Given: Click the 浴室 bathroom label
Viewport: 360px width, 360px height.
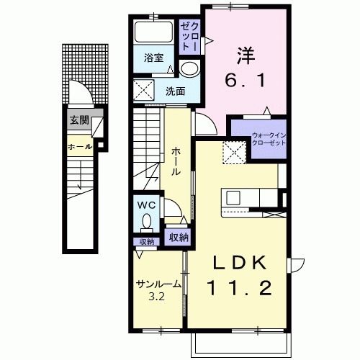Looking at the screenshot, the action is coord(154,58).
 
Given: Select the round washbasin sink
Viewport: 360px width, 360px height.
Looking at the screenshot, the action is coord(189,68).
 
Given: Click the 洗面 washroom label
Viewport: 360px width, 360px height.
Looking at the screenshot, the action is coord(176,91).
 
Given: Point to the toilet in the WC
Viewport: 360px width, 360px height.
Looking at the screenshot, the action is coord(147,222).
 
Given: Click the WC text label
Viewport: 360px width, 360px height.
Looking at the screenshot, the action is coord(146,205).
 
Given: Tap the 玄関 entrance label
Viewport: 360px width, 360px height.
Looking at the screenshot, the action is coord(79,120).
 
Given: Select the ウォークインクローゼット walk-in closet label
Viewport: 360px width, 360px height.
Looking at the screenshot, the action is coord(269,139).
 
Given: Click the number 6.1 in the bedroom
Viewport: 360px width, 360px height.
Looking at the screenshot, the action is coord(246,80).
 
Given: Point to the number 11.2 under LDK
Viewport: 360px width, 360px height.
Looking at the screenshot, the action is coord(239,288).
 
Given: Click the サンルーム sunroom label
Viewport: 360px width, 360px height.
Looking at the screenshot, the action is coord(158,284).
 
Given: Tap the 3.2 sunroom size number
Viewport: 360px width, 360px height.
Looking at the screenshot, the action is coord(156,297).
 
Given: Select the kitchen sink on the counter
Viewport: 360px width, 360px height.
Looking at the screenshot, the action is coord(233,198).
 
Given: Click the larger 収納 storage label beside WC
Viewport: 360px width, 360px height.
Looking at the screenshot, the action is coord(179,238).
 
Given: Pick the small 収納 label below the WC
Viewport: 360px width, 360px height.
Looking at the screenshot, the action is coord(147,242).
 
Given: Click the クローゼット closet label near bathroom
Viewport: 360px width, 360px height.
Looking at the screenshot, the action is coord(189,37).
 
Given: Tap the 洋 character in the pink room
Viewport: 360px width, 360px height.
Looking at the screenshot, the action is coord(246,56).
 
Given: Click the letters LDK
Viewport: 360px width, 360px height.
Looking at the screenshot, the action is coord(240,263).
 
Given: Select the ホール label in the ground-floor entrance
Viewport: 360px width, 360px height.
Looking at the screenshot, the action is coord(80,147).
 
